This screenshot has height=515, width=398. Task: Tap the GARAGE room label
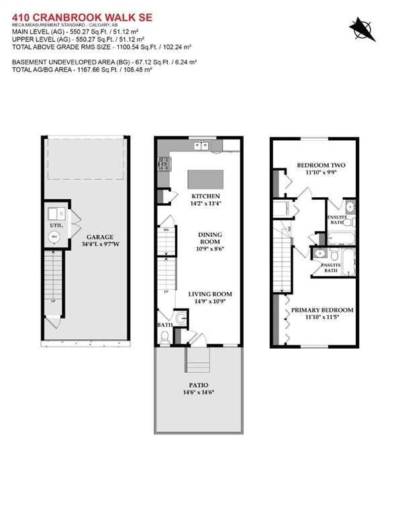coord(99,237)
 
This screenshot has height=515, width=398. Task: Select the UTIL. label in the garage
coord(56,225)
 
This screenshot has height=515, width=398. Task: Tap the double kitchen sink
coord(200,146)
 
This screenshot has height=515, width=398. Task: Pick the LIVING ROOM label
coord(209,294)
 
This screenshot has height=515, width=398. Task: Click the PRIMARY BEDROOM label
coord(322,310)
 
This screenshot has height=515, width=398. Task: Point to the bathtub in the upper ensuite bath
coord(340,237)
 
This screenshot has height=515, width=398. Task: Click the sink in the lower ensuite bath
coord(321,254)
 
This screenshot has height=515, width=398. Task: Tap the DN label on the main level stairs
coord(166,229)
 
